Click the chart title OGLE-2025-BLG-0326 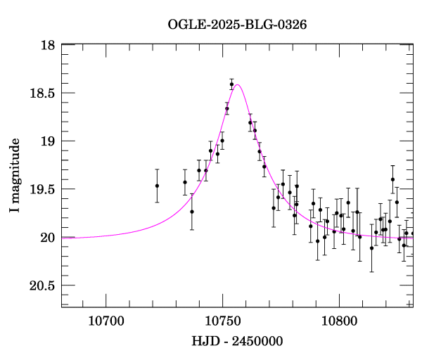(x=237, y=25)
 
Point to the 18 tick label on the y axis (x=48, y=45)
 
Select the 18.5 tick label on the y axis (x=43, y=93)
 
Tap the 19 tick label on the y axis (x=48, y=141)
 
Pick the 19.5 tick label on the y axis (x=43, y=189)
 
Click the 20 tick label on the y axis (x=48, y=238)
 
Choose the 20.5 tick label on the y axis (x=43, y=285)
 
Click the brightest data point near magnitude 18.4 (x=231, y=84)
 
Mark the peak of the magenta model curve (x=238, y=85)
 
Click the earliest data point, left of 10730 (x=157, y=186)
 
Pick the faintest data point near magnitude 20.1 (x=371, y=248)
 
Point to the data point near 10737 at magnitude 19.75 (x=191, y=212)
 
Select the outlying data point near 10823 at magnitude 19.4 (x=392, y=180)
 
